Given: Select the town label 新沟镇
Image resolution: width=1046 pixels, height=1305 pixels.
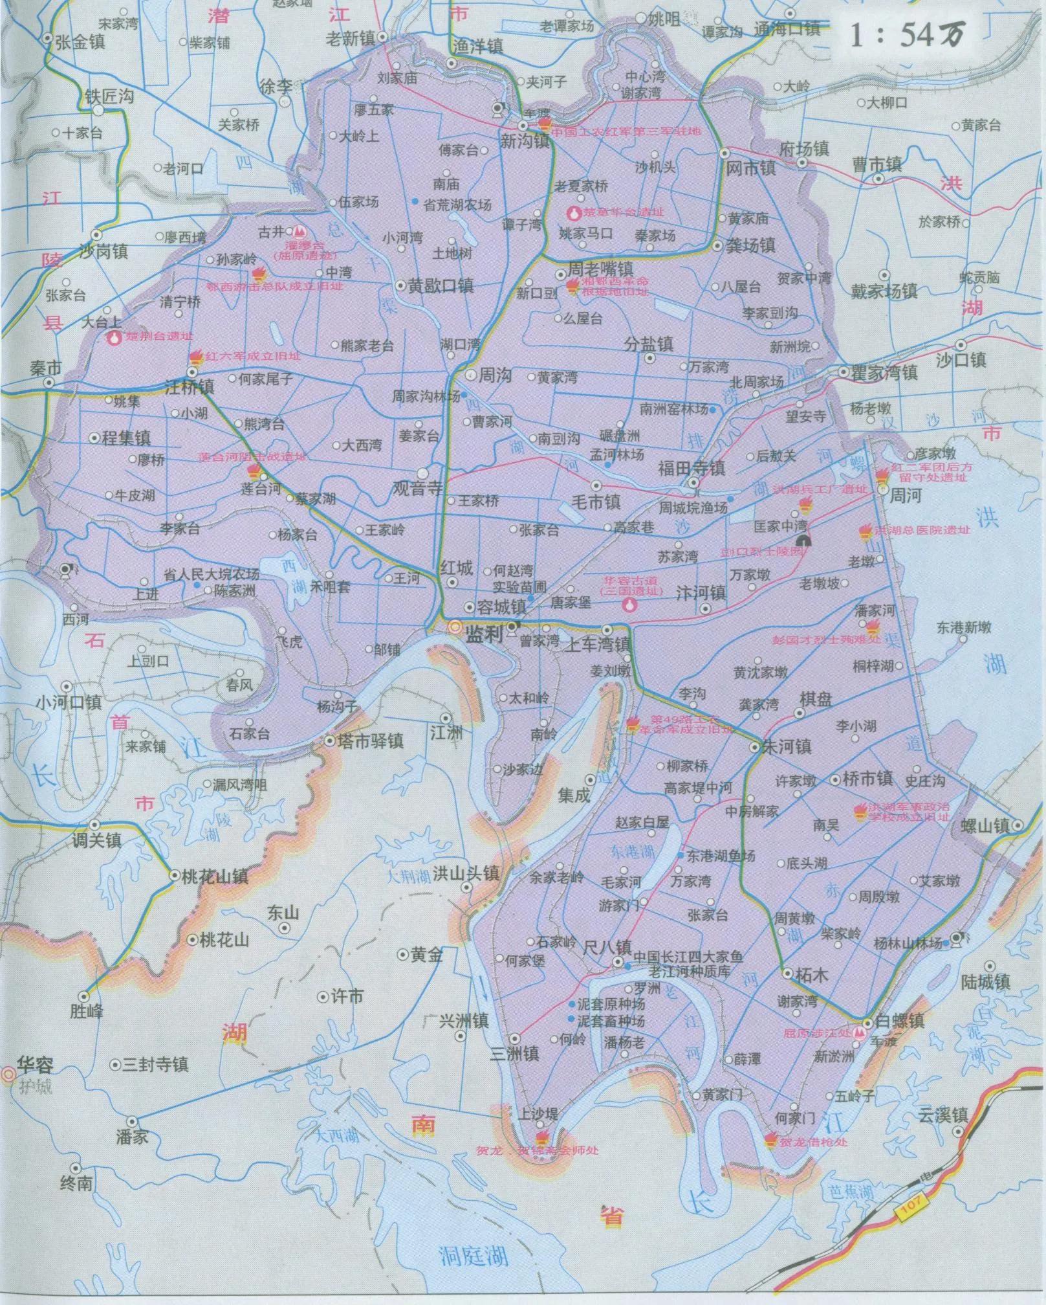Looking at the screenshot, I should coord(524,141).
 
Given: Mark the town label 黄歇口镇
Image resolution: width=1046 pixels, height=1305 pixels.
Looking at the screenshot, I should coord(441,285).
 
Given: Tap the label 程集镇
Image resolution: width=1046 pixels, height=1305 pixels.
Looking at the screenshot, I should coord(125,438).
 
